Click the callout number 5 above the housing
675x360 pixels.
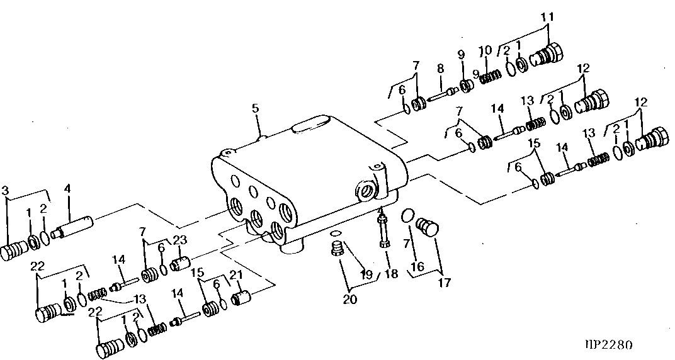(256, 108)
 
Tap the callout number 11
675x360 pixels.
(548, 17)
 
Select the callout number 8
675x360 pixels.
(440, 69)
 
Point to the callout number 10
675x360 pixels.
(485, 50)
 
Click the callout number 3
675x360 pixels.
(5, 189)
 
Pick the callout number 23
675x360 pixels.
(179, 240)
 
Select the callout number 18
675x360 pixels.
(391, 274)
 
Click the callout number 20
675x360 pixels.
(350, 299)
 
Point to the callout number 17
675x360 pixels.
(445, 283)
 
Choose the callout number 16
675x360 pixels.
(418, 267)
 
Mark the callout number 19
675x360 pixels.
(366, 274)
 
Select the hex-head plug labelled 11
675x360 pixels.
(547, 55)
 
